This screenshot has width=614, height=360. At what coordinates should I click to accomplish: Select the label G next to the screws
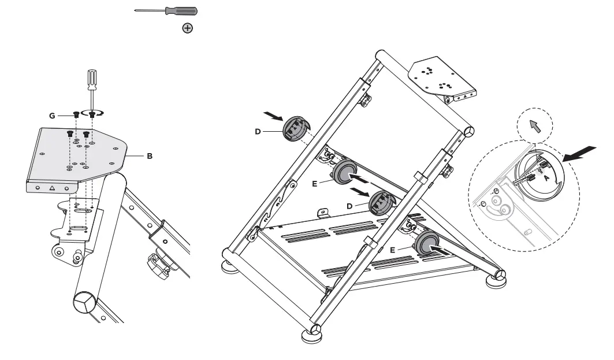pos(53,116)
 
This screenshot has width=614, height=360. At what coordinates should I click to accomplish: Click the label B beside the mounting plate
pos(150,156)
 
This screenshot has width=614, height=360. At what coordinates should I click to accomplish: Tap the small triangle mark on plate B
pos(53,188)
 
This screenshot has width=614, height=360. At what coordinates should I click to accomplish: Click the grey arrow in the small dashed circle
pos(534,125)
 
